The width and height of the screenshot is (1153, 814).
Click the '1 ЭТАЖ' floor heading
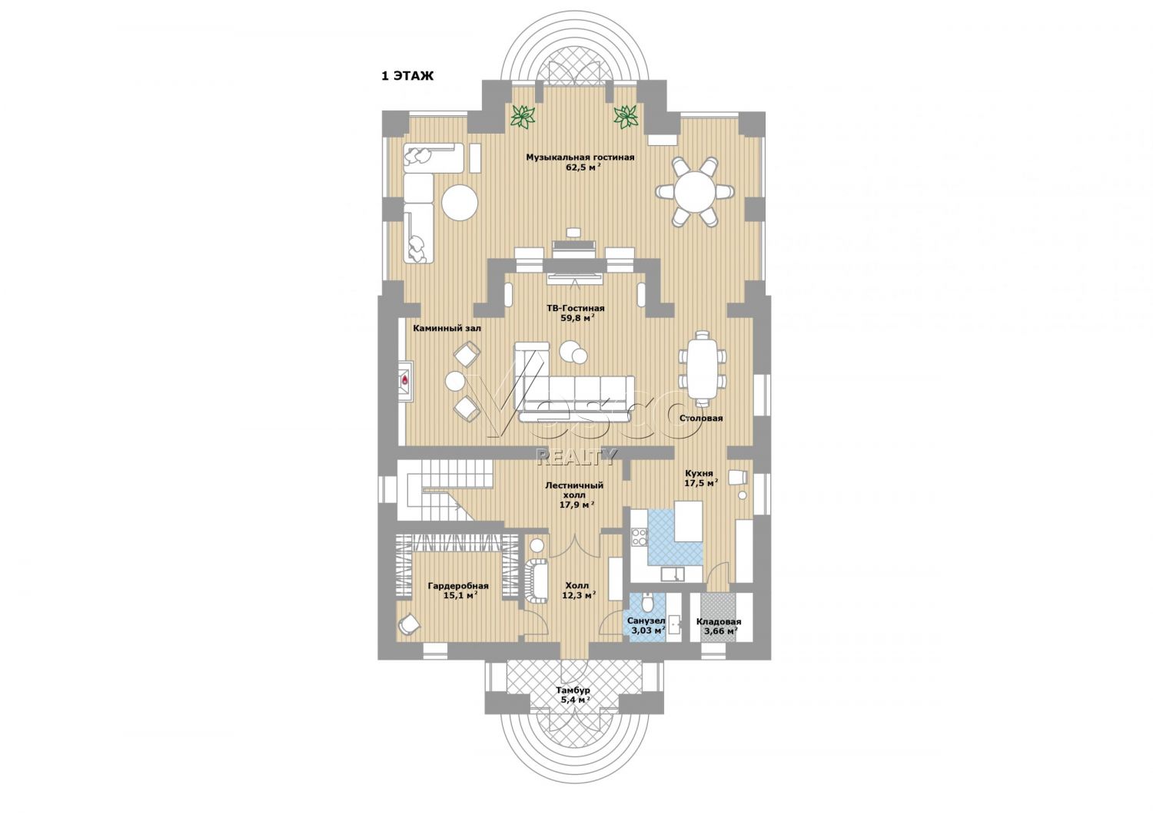pos(407,76)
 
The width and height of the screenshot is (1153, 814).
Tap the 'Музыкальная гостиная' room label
pos(580,157)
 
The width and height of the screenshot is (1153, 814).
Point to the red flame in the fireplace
pos(405,381)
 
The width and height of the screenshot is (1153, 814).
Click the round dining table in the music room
pos(695,191)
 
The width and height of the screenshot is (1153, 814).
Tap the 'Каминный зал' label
pos(447,328)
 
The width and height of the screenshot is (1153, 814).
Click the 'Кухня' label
pos(699,474)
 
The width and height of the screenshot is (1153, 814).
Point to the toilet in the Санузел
pos(647,600)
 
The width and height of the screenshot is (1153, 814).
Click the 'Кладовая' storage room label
pos(719,622)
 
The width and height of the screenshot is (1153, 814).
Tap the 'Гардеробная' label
pos(458,586)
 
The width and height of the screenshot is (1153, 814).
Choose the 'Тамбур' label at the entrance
pos(573,690)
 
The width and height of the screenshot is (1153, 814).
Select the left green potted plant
pos(523,116)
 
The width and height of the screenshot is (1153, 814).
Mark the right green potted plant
pos(626,116)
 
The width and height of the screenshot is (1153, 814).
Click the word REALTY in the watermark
pos(576,457)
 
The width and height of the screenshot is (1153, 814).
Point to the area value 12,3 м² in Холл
pos(579,595)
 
